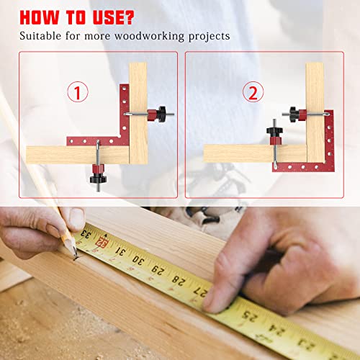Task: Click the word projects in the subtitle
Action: [210, 35]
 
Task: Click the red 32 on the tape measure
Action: [103, 244]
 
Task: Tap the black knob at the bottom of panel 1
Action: [96, 174]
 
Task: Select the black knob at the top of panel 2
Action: [292, 112]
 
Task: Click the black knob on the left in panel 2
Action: [272, 130]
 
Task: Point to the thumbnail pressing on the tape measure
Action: [216, 301]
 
